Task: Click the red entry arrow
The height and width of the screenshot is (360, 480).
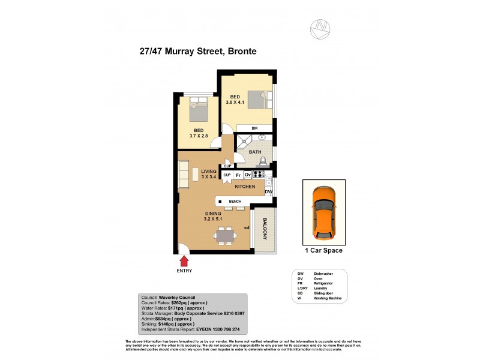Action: tap(184, 260)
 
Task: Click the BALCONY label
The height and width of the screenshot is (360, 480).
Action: tap(264, 229)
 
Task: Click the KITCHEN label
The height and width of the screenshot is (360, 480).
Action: tap(245, 187)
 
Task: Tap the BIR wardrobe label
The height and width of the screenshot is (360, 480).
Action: tap(254, 128)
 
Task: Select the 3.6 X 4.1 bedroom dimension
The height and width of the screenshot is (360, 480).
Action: tap(235, 102)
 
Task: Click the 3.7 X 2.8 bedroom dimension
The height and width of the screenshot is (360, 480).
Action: tap(198, 137)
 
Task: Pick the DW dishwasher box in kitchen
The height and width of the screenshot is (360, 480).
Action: tap(269, 192)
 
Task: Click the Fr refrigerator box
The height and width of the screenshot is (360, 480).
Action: tap(238, 175)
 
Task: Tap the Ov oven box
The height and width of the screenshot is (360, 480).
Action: tap(247, 175)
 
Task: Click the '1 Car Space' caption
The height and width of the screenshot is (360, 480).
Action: tap(324, 250)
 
